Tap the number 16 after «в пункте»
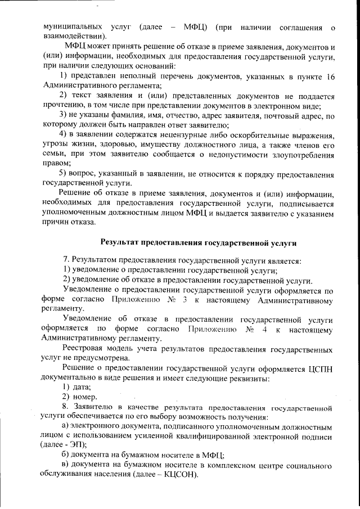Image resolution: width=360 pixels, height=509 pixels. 329,76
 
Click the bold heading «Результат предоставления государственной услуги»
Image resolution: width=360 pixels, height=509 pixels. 198,242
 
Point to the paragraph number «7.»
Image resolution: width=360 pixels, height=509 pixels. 66,261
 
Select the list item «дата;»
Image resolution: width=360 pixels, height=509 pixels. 82,388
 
